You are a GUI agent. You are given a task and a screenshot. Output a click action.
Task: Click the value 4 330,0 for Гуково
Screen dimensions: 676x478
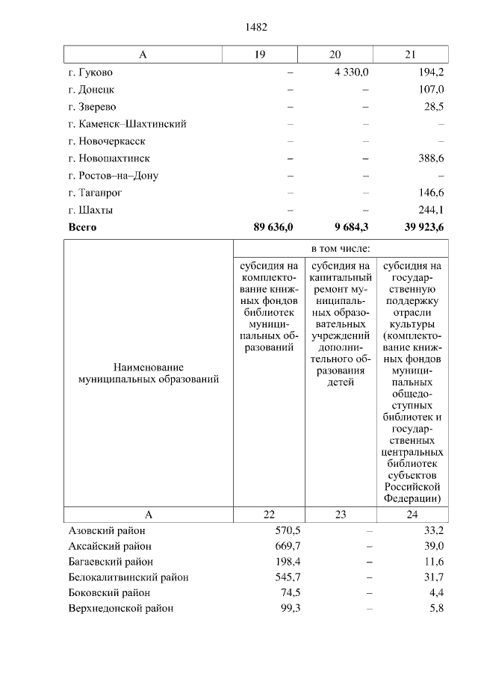[349, 72]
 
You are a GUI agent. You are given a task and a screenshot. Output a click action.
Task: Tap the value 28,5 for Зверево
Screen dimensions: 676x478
[433, 107]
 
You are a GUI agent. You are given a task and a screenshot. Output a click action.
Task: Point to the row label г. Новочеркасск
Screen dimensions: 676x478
[106, 141]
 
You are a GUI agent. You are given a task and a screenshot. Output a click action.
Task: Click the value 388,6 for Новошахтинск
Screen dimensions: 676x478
[428, 158]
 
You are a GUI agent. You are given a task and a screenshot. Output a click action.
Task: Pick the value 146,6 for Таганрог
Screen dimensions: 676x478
[428, 193]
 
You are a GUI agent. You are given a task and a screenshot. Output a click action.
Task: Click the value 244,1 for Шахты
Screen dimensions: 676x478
[428, 210]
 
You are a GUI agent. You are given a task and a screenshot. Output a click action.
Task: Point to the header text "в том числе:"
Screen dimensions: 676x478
[341, 248]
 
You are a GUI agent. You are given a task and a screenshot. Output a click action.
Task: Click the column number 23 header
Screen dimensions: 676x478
[341, 514]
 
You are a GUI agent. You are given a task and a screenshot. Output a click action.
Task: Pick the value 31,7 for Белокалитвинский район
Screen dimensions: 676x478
[433, 577]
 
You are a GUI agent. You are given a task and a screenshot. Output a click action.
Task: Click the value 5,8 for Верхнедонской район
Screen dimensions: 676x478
[436, 609]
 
